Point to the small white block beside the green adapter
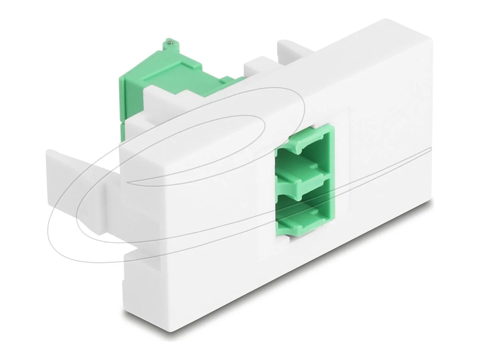(x=256, y=68)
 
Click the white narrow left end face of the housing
(x=142, y=240)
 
